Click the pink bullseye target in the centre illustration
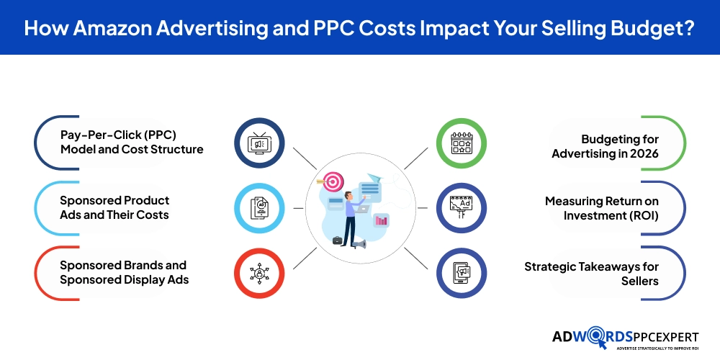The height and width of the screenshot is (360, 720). (333, 181)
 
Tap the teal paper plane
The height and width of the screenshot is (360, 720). (374, 178)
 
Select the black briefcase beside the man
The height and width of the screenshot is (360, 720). (337, 240)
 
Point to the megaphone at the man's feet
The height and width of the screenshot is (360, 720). (358, 244)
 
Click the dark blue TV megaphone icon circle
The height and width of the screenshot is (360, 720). (259, 143)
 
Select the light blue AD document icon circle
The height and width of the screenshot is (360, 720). (259, 208)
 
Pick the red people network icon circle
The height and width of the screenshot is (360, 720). (259, 273)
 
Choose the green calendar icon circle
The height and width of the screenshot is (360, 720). (462, 143)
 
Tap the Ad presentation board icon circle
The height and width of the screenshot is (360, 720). (462, 208)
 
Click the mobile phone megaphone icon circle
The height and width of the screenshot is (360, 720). (462, 273)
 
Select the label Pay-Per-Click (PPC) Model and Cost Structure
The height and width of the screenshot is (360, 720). (132, 143)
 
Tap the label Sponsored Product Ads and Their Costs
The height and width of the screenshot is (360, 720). (114, 207)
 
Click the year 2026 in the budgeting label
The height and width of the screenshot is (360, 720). (642, 153)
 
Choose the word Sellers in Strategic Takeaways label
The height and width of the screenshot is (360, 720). (639, 280)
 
